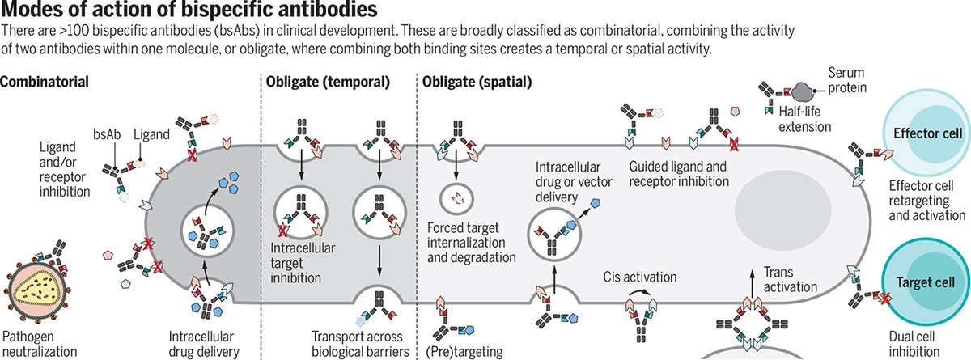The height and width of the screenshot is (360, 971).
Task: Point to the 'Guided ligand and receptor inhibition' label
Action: (678, 174)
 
